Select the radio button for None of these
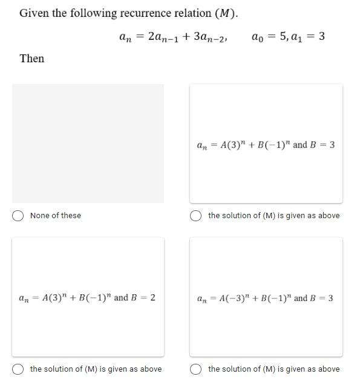[x=18, y=216]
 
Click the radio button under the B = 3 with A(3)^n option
[x=196, y=216]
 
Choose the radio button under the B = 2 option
[x=18, y=369]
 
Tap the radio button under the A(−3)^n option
[x=196, y=369]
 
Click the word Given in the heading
[x=34, y=13]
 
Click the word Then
[x=32, y=59]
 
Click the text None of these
[x=56, y=216]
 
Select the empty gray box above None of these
[x=88, y=143]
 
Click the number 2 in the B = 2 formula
[x=152, y=297]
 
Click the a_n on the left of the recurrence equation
[x=126, y=37]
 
